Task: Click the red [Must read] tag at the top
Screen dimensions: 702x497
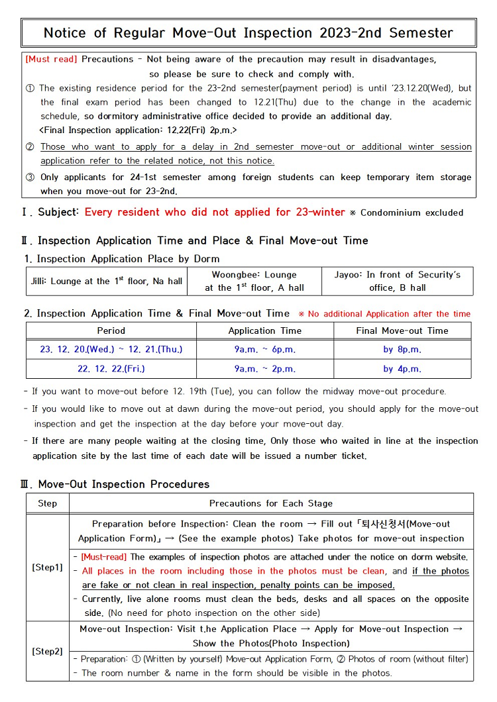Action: [x=52, y=60]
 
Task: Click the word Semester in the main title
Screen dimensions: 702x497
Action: [x=421, y=33]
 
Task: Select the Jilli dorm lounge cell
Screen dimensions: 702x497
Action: [x=107, y=281]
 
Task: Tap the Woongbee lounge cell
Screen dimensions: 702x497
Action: [x=254, y=281]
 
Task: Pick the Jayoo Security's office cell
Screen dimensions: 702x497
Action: [x=398, y=281]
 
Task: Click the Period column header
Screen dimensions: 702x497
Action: [x=111, y=330]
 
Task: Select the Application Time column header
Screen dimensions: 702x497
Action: [x=264, y=330]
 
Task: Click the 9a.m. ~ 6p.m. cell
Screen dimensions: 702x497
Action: [x=264, y=349]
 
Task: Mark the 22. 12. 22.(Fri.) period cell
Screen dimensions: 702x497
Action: [x=111, y=368]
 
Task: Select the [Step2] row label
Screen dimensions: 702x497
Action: [x=48, y=651]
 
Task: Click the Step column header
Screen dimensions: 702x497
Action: [x=48, y=503]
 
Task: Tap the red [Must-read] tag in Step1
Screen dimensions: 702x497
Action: [x=105, y=557]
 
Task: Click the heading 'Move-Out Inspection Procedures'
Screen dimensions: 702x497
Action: [x=123, y=484]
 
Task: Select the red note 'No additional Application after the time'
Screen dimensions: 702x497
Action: [x=389, y=314]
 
